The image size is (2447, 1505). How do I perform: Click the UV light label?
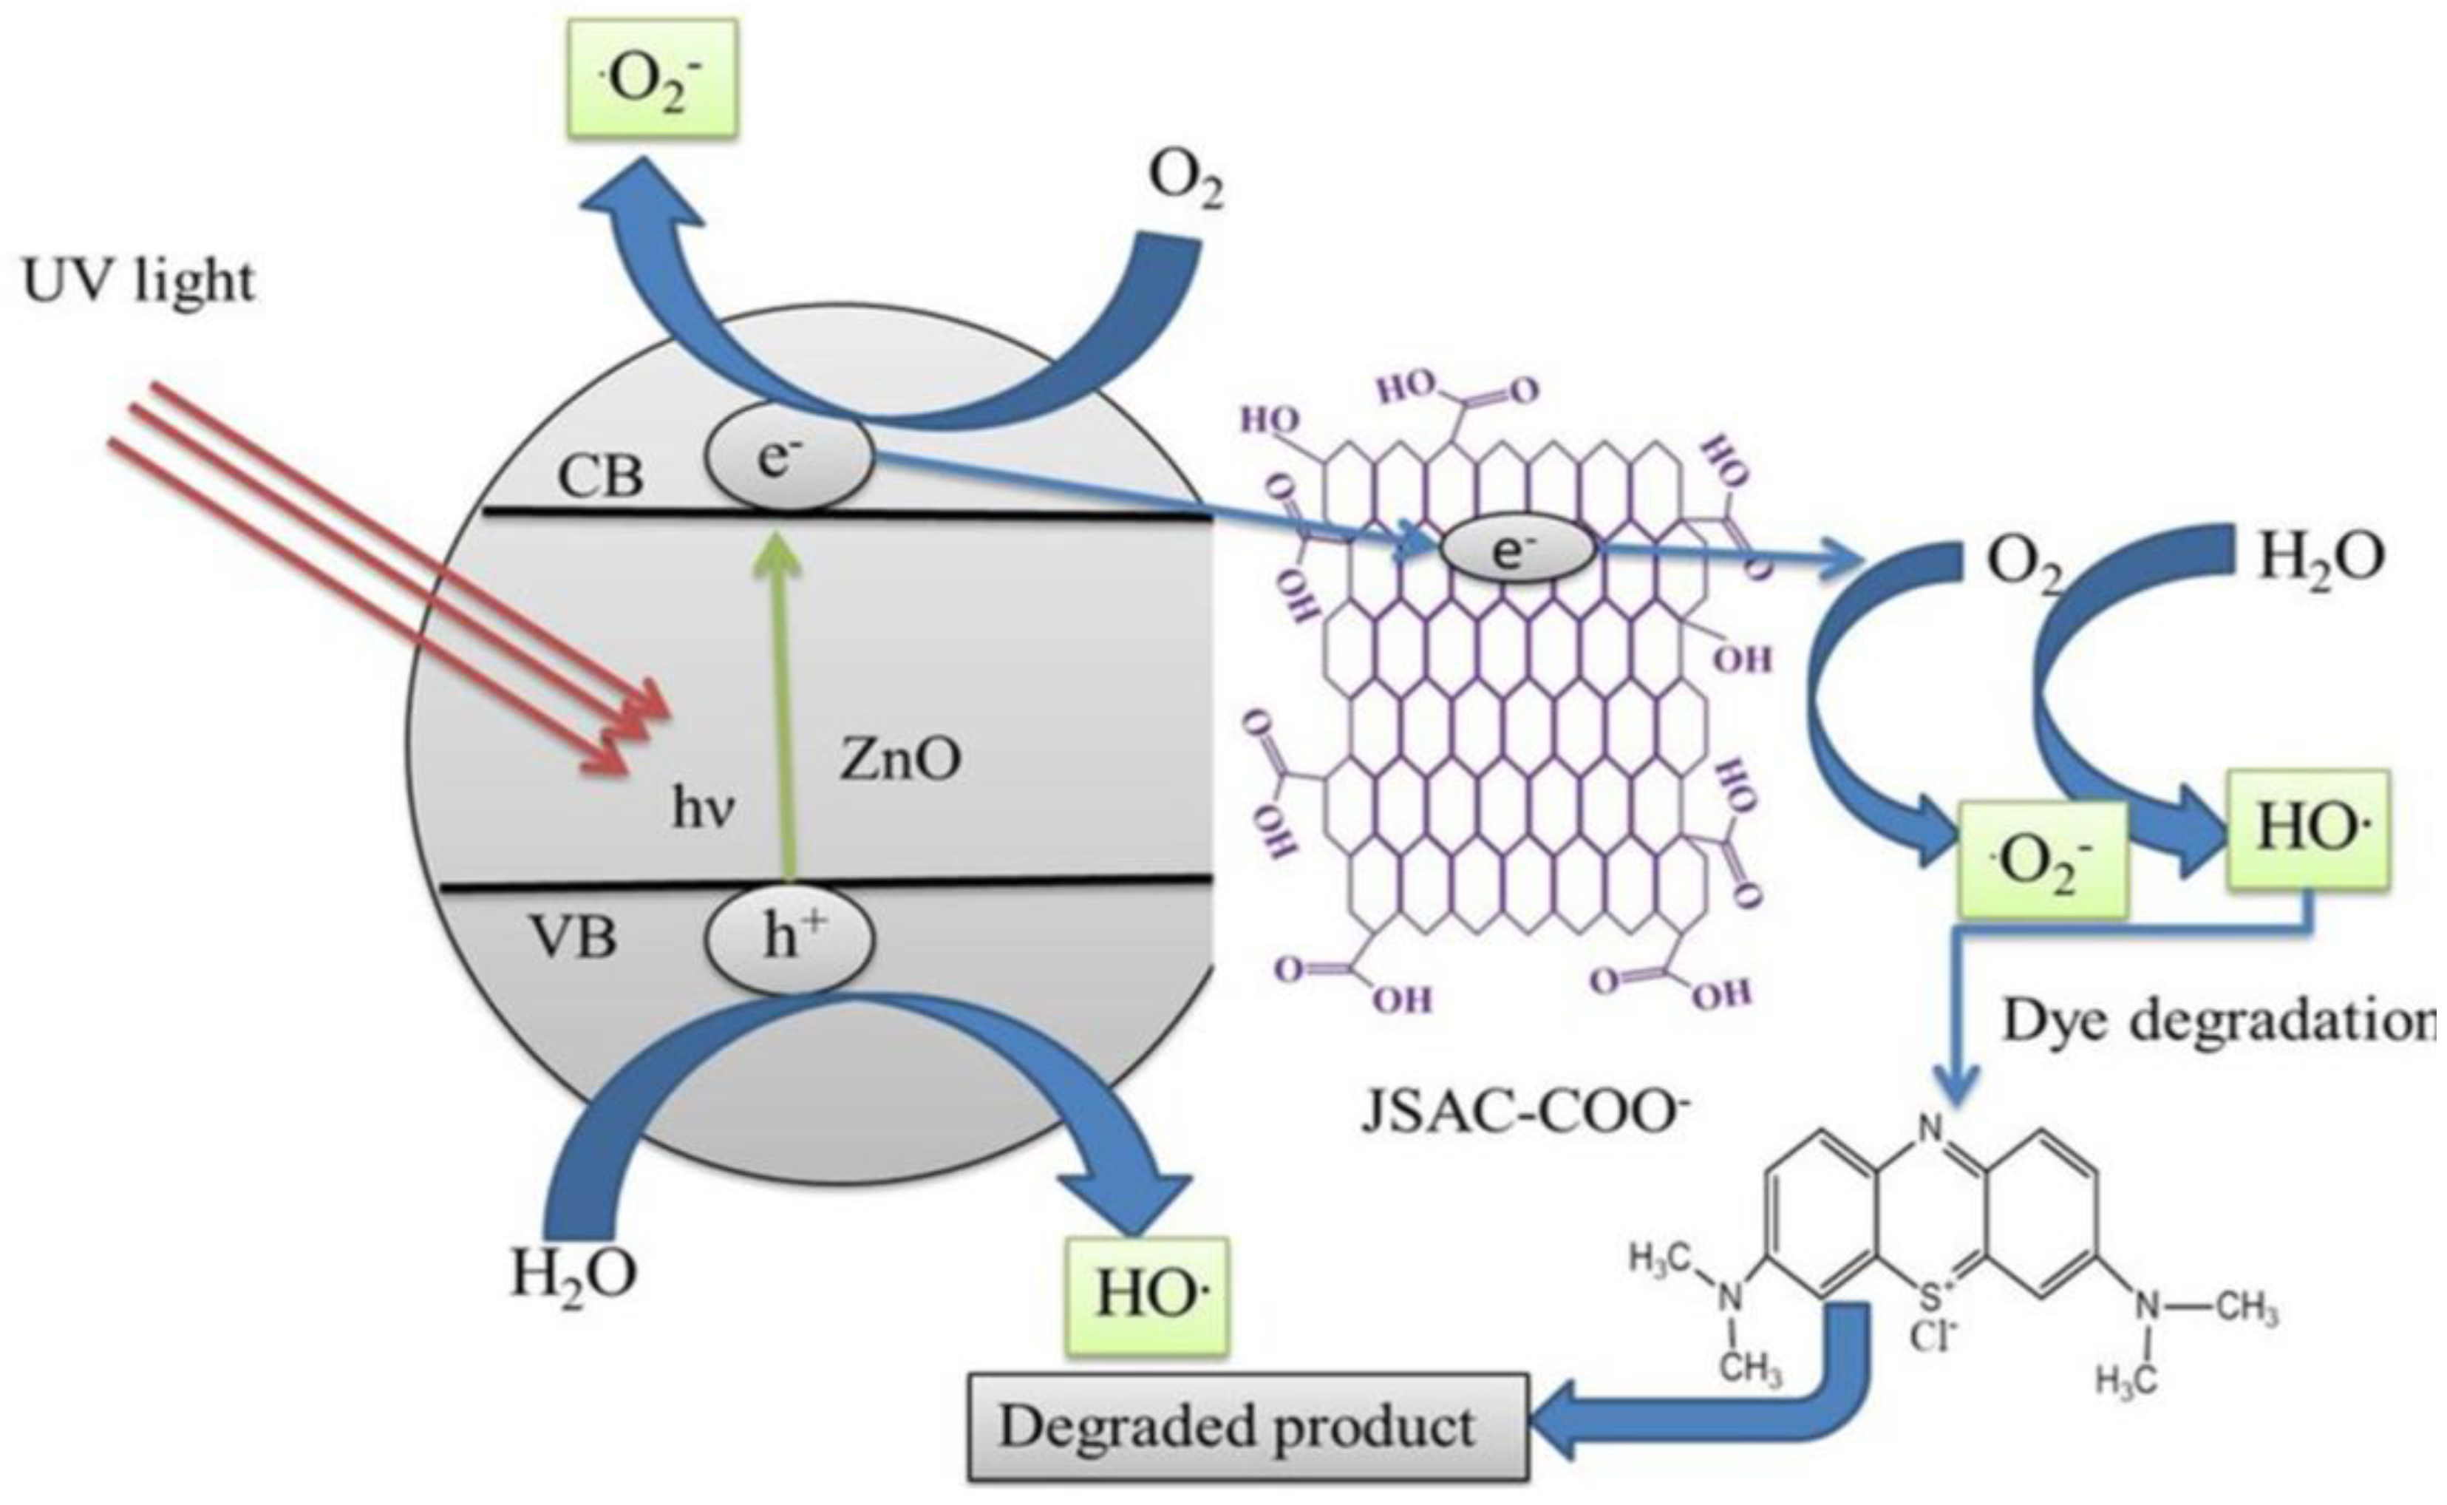click(x=140, y=282)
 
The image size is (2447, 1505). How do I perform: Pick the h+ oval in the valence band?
click(x=790, y=937)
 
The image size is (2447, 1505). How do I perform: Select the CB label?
click(x=601, y=476)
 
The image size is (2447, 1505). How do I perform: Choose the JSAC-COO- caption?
click(x=1523, y=1112)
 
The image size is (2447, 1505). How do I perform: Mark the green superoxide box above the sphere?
click(x=654, y=78)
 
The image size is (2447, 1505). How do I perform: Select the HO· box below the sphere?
click(x=1147, y=1295)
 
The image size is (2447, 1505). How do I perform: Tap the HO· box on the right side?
click(x=2307, y=828)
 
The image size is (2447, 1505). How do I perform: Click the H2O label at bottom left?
click(x=574, y=1274)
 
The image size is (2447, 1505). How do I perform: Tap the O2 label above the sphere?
click(x=1184, y=181)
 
